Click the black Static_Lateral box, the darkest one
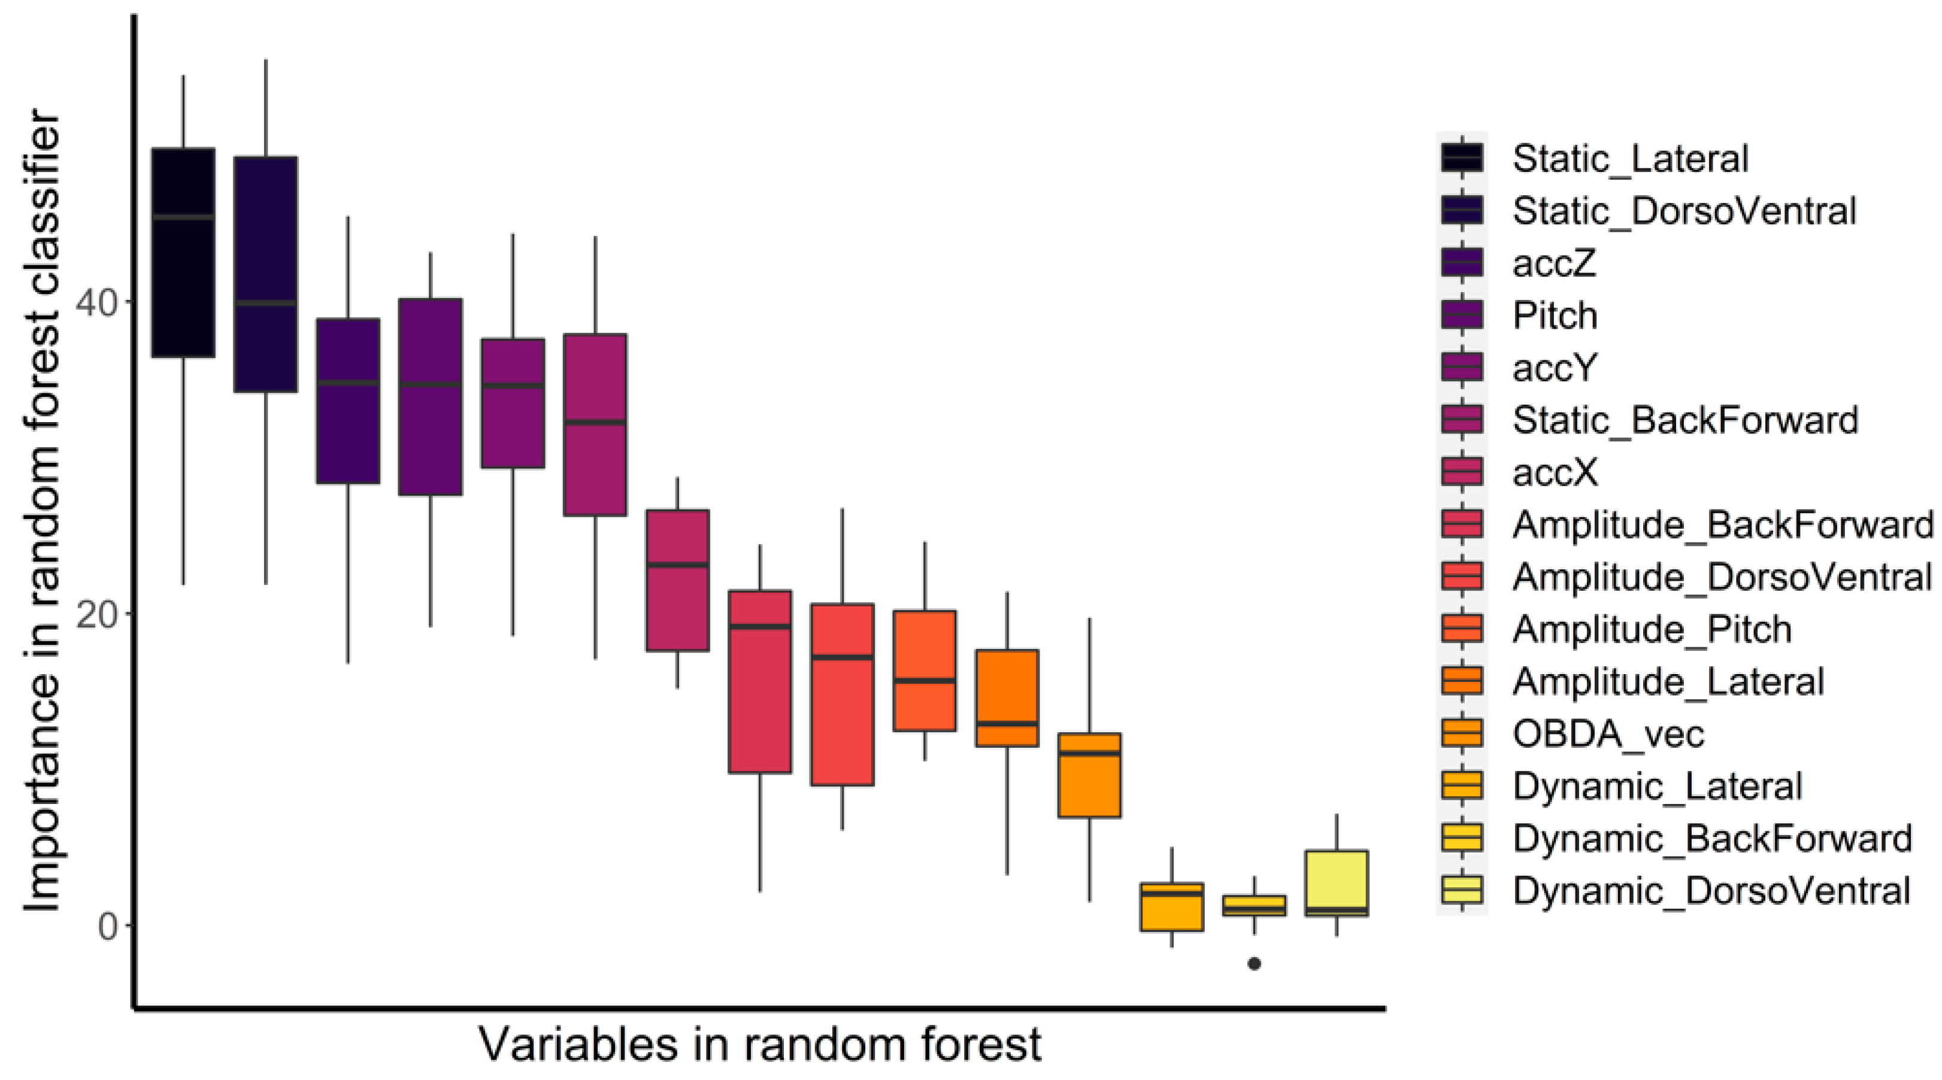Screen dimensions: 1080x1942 pos(183,253)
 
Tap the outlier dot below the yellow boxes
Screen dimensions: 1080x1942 pos(1254,963)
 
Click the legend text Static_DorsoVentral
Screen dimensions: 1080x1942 pos(1683,211)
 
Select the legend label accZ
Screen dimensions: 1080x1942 pos(1554,263)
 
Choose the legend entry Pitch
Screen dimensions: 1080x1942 pos(1555,315)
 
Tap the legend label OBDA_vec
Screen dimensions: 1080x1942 pos(1608,733)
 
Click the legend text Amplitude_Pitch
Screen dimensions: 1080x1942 pos(1652,629)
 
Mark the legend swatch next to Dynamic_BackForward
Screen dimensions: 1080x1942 pos(1462,838)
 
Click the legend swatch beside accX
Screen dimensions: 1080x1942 pos(1462,472)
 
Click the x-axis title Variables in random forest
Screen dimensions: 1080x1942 pos(759,1045)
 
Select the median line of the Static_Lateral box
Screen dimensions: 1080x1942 pos(183,217)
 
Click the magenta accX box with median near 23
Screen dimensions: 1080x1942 pos(677,580)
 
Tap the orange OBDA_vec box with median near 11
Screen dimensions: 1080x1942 pos(1089,775)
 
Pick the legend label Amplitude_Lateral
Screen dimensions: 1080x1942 pos(1668,681)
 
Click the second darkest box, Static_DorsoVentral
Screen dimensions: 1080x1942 pos(265,274)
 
